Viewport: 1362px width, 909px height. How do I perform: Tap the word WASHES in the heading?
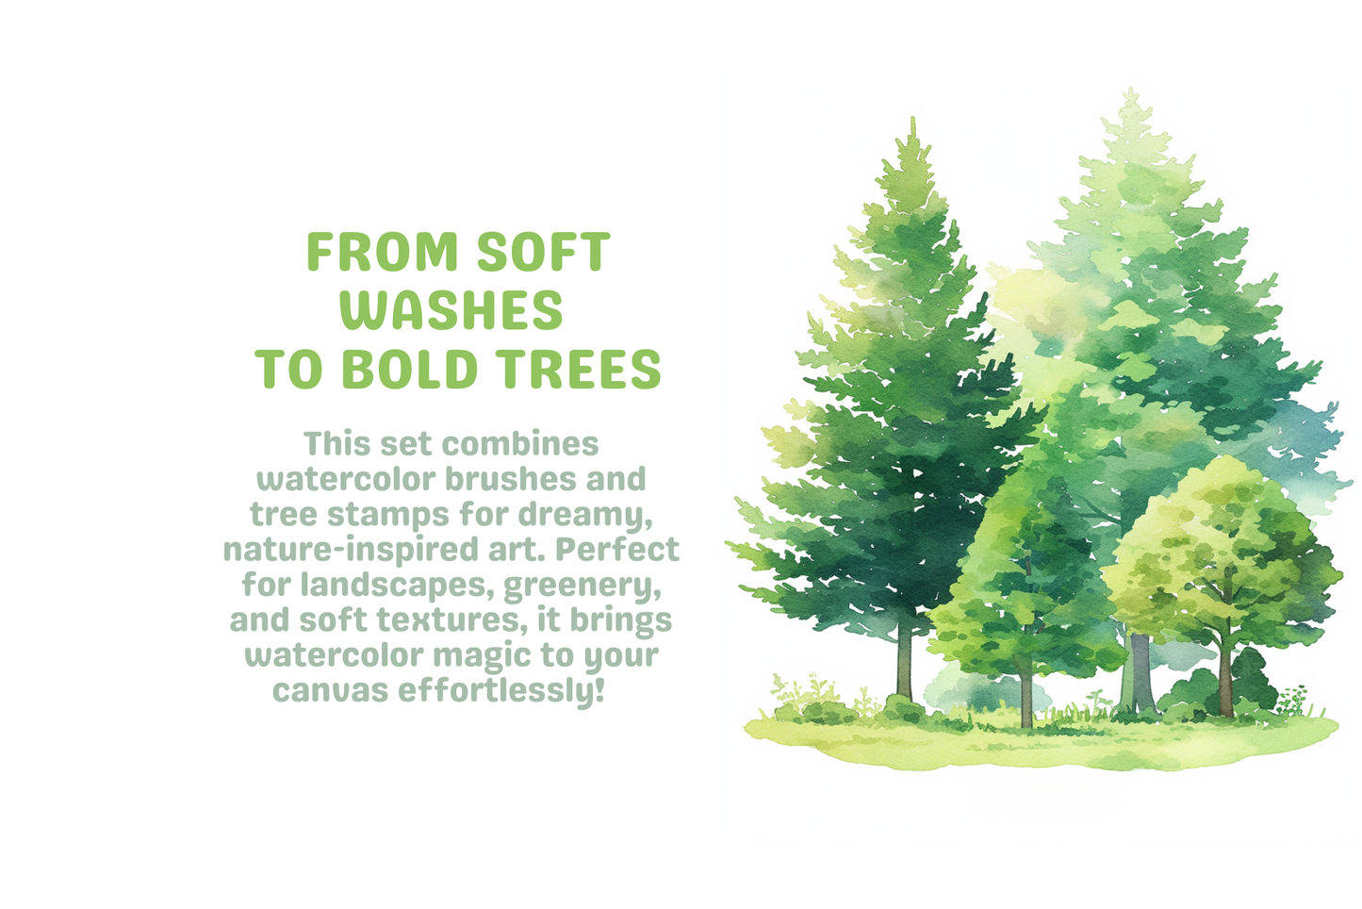tap(452, 310)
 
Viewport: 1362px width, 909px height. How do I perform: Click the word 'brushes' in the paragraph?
tap(511, 479)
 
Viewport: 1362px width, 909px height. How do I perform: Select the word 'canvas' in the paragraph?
tap(330, 691)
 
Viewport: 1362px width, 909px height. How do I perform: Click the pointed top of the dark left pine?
tap(912, 123)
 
